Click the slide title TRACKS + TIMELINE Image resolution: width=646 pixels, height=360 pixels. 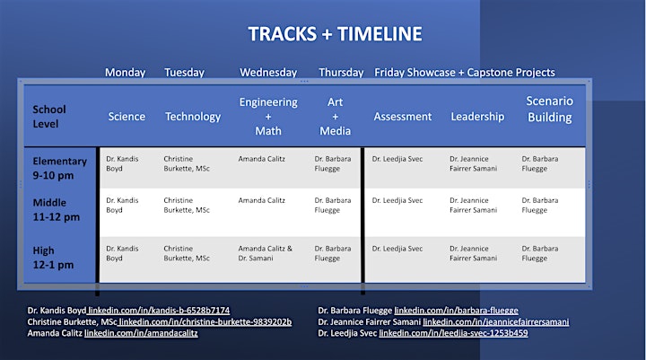click(x=335, y=34)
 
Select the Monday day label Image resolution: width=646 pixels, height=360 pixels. click(x=126, y=73)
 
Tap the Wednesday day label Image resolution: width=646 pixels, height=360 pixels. click(x=268, y=73)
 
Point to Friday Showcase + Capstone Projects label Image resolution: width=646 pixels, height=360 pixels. click(x=465, y=73)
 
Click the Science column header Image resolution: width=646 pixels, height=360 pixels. click(x=127, y=117)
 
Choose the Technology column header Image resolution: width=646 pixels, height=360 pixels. click(x=193, y=117)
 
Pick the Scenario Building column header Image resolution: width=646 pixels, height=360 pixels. click(x=550, y=110)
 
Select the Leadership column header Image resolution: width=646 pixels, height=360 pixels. click(x=477, y=117)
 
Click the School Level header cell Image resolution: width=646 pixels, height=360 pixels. click(x=49, y=117)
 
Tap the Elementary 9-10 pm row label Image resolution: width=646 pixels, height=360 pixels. click(x=60, y=168)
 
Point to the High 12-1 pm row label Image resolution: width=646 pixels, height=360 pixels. click(x=53, y=258)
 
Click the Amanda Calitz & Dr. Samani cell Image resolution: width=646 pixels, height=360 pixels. click(x=265, y=253)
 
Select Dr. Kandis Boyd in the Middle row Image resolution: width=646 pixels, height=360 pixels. click(x=122, y=205)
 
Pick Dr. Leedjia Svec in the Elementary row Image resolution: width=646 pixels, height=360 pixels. click(x=397, y=159)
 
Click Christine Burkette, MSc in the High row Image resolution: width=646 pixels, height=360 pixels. click(x=187, y=253)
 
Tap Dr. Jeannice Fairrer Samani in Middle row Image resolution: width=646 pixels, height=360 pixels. click(x=473, y=205)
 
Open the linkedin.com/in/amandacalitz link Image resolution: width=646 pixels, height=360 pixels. click(x=141, y=333)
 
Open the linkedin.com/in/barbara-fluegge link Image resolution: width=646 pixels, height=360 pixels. click(x=456, y=311)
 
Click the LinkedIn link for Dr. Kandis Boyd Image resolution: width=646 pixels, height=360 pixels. click(x=159, y=311)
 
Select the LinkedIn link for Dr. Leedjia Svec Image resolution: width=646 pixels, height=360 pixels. click(x=453, y=333)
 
